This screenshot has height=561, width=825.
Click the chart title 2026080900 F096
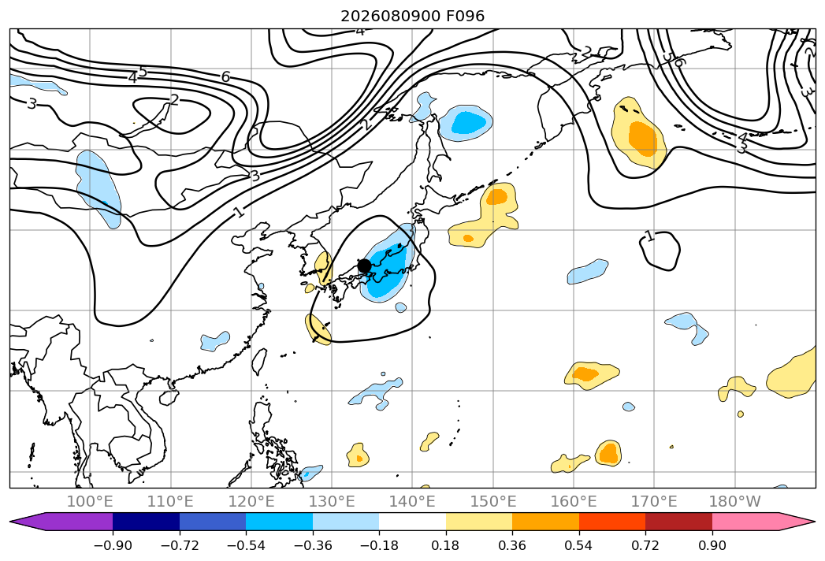(x=413, y=16)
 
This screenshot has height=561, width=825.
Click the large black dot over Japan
(x=364, y=266)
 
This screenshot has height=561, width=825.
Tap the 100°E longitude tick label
(x=90, y=501)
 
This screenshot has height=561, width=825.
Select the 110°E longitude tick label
(x=170, y=501)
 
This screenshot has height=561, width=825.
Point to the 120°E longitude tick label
(x=251, y=501)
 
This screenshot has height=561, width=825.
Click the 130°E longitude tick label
(x=332, y=501)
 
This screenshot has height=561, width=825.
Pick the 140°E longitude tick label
(x=412, y=501)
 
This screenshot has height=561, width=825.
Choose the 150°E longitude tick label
(x=493, y=501)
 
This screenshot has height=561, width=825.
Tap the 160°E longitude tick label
(x=574, y=501)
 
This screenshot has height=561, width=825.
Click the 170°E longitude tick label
(x=654, y=501)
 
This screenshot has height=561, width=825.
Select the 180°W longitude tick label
(x=734, y=501)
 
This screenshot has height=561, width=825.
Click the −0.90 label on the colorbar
(x=113, y=545)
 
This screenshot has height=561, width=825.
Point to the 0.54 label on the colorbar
(x=579, y=545)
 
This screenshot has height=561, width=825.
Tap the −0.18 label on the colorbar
(x=379, y=545)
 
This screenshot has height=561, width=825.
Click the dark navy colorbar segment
(x=147, y=522)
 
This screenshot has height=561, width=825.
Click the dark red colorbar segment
(x=678, y=522)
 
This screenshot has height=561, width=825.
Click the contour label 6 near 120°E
(x=225, y=77)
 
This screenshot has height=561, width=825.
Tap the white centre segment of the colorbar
(x=413, y=522)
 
